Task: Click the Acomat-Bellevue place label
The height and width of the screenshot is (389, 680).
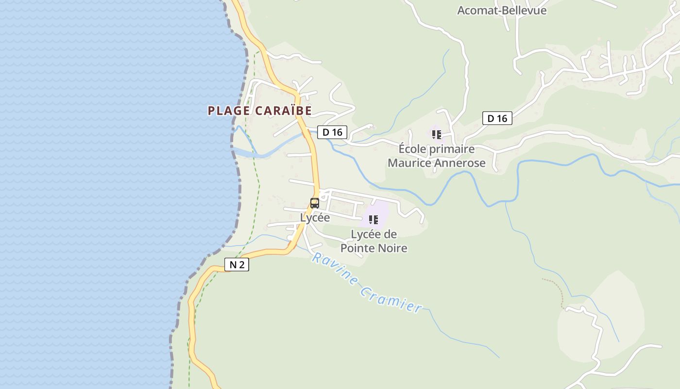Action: point(502,10)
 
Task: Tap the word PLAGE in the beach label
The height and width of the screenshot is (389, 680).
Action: point(229,111)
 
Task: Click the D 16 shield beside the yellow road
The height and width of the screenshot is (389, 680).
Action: point(332,132)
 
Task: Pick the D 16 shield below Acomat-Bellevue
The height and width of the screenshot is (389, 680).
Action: point(497,118)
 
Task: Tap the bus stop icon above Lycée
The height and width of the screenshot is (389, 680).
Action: point(315,203)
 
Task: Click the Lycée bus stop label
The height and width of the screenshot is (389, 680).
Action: point(315,218)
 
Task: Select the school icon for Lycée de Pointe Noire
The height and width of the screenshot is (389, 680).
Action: point(373,220)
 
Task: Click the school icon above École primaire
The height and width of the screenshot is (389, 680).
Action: point(436,134)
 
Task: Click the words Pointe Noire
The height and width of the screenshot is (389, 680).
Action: point(374,248)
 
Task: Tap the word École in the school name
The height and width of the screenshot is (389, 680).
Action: point(412,149)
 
